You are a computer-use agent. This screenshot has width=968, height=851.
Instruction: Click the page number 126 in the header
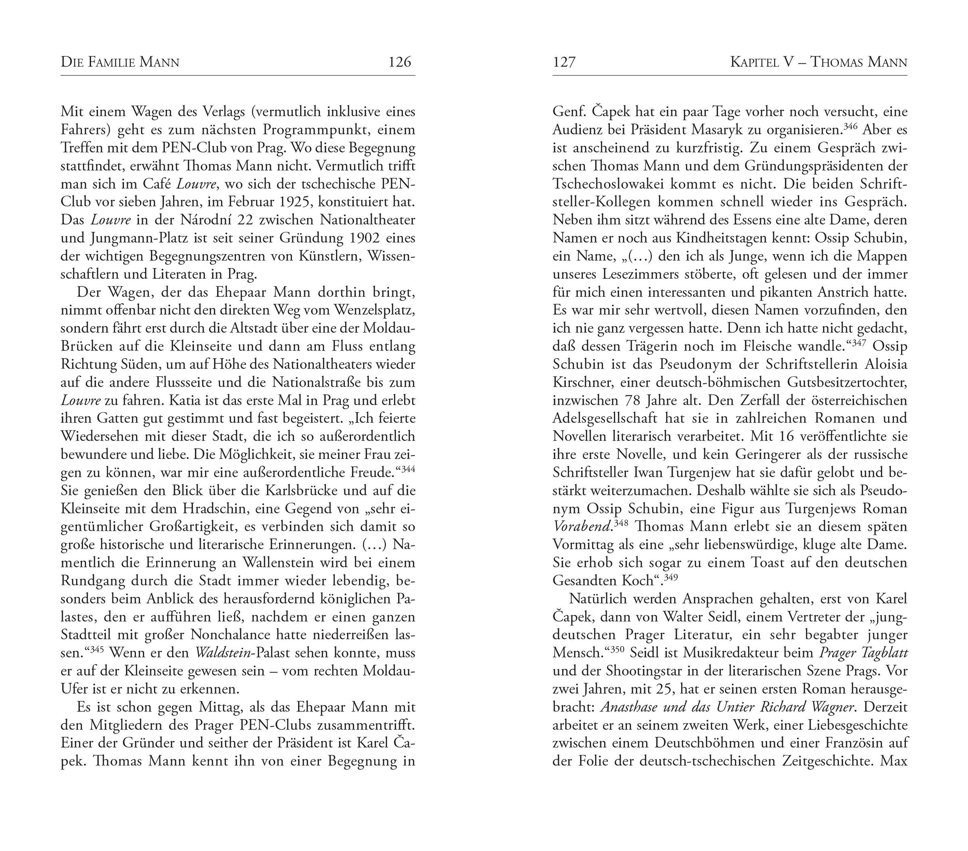tap(400, 62)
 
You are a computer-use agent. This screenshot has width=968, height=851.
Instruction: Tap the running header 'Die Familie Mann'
tap(120, 62)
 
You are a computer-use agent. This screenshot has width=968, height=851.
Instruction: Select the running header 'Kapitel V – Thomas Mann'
tap(818, 62)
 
